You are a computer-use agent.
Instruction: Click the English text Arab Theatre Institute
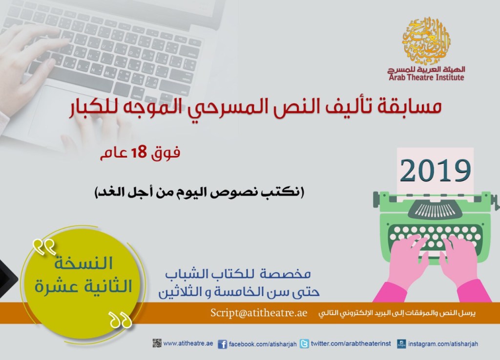[426, 78]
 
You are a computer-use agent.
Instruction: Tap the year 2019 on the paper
[435, 170]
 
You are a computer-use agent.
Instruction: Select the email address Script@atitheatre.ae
[259, 313]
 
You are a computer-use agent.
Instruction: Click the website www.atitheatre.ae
[188, 343]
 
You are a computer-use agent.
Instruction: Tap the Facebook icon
[222, 344]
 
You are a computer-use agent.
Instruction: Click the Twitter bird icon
[304, 344]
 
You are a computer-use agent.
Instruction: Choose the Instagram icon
[401, 344]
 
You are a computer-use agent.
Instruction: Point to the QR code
[157, 343]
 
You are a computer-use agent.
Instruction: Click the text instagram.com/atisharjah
[443, 344]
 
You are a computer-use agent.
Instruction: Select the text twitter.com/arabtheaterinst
[351, 344]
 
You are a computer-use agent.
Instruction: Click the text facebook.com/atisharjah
[263, 344]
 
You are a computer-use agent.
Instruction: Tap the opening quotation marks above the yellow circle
[44, 247]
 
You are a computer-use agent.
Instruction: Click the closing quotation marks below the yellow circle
[120, 320]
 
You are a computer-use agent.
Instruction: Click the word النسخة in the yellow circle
[83, 263]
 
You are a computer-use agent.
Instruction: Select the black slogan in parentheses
[200, 192]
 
